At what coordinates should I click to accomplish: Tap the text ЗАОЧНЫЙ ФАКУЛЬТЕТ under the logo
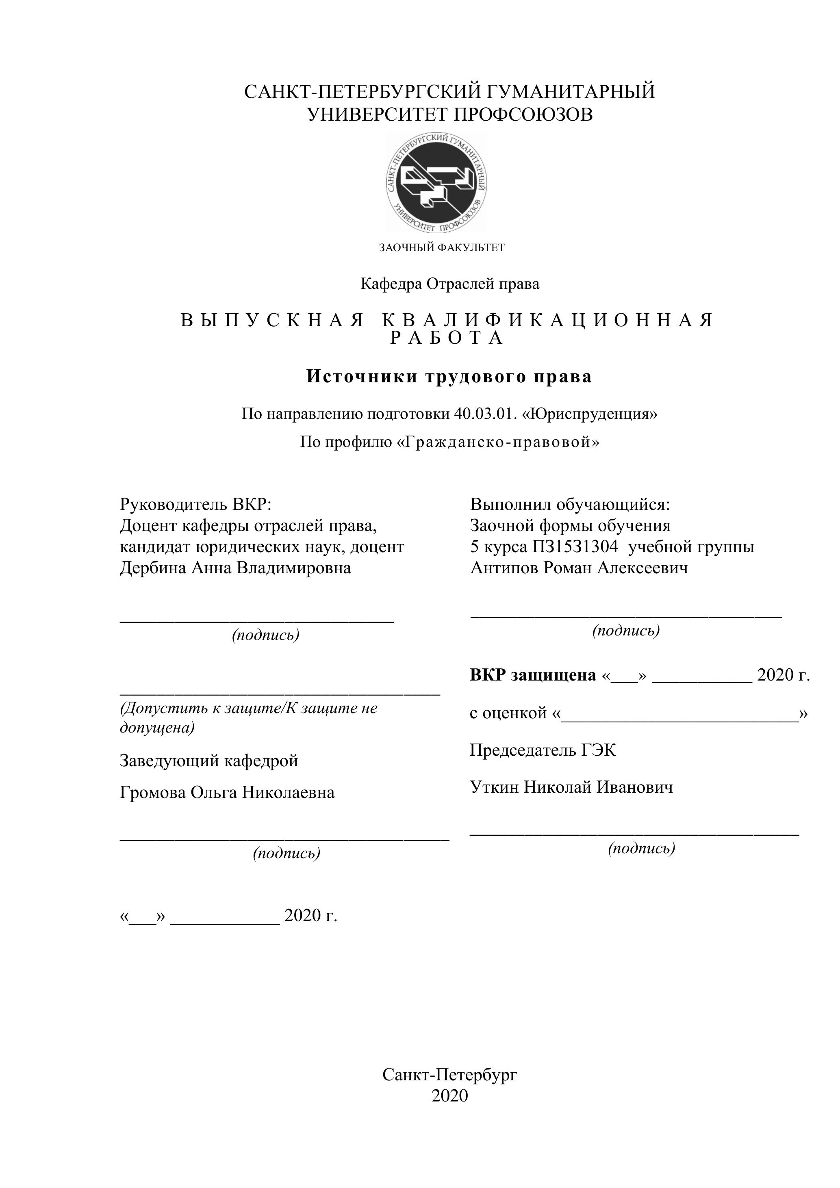pos(441,247)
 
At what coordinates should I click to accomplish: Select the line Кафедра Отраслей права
pos(450,284)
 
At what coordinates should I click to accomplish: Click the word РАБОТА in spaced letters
pos(447,338)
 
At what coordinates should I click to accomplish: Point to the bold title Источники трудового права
pos(449,376)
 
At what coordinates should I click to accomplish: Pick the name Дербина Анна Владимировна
pos(235,568)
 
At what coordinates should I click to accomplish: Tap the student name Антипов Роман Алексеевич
pos(579,568)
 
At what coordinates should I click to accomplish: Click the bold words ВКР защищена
pos(533,675)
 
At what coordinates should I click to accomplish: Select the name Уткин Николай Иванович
pos(571,787)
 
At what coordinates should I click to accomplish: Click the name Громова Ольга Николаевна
pos(227,792)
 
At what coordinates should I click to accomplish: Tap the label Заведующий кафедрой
pos(209,761)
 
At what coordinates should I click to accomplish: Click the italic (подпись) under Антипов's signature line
pos(626,630)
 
